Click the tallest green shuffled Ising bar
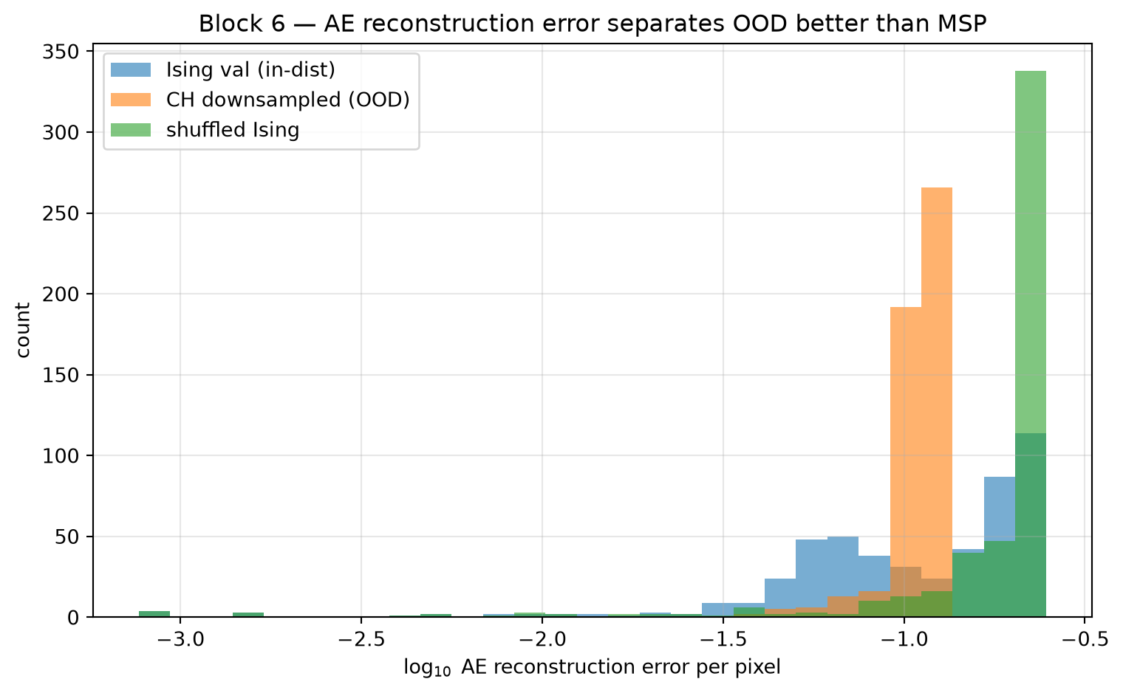1030,343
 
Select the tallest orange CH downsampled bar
937,402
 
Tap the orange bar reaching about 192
906,462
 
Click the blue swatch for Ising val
131,69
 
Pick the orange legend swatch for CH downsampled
131,100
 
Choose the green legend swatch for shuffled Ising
131,130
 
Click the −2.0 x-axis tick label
542,640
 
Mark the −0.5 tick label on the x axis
1085,640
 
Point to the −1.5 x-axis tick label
723,640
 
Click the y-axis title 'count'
23,330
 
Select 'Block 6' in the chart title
242,24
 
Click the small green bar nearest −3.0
154,614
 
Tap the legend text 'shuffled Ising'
233,130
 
